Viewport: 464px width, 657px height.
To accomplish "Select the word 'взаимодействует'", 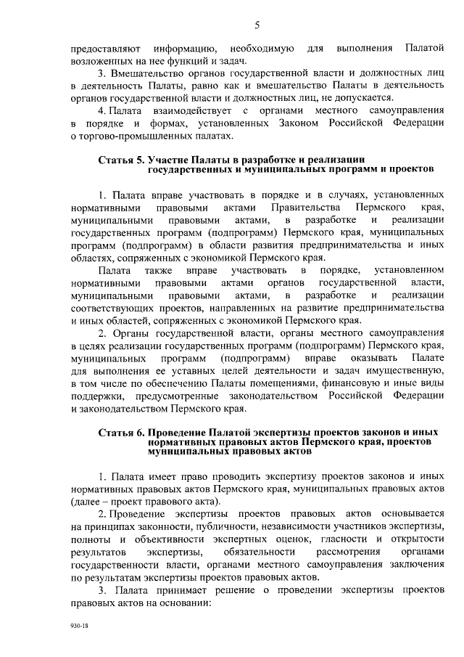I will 194,110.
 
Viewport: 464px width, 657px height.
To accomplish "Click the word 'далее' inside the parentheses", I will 87,501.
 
